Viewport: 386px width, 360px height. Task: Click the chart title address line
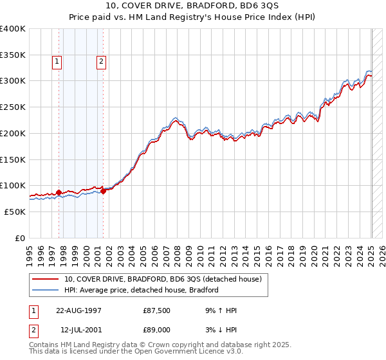pos(192,6)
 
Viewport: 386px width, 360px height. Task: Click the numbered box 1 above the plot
pos(57,62)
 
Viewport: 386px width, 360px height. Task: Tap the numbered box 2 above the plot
pos(102,62)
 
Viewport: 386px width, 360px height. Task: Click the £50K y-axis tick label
pos(14,212)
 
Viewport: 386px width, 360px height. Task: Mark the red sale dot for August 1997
pos(59,192)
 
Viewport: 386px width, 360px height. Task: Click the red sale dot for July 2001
pos(103,191)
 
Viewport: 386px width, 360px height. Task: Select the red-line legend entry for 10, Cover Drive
pos(162,280)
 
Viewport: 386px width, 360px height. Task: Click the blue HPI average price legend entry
pos(142,290)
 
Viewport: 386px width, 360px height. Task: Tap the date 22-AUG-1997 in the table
pos(78,310)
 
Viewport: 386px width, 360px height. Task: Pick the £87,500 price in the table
pos(157,310)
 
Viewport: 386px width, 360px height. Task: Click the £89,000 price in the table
pos(157,330)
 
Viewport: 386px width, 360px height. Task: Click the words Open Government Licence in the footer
pos(194,353)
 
